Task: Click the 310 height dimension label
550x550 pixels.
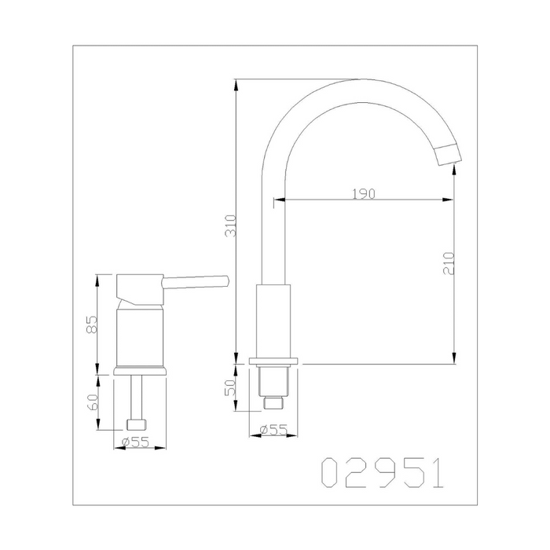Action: click(x=230, y=225)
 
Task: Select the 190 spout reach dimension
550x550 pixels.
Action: click(x=364, y=193)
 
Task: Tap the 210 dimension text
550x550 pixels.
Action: click(x=449, y=263)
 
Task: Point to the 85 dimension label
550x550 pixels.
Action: click(x=92, y=324)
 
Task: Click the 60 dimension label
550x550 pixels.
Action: click(x=92, y=402)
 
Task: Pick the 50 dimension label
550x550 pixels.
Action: click(x=230, y=387)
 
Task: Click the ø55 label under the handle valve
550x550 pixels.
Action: click(x=135, y=442)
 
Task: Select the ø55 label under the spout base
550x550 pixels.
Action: click(x=273, y=429)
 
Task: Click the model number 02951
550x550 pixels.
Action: click(x=383, y=472)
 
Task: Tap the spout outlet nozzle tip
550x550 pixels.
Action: click(x=449, y=155)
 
